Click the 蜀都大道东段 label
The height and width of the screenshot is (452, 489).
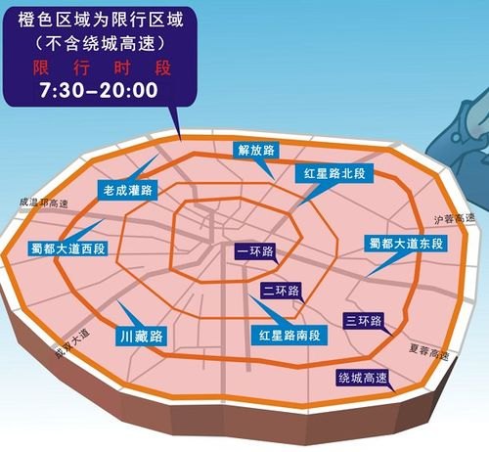point(404,242)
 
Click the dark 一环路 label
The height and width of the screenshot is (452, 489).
point(256,251)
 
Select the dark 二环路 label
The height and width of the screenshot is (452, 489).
point(282,291)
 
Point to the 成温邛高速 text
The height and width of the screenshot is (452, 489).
point(42,203)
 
